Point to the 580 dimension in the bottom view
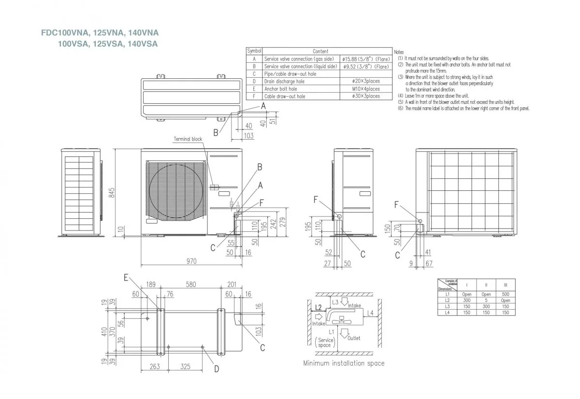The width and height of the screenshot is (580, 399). [191, 285]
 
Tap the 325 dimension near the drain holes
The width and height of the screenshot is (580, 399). [185, 367]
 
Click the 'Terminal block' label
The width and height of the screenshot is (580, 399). [188, 139]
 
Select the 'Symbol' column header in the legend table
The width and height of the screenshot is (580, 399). [254, 51]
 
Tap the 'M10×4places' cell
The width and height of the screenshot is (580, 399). [366, 89]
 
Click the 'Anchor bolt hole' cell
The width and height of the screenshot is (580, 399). [281, 89]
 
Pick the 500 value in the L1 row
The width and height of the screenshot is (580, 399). [505, 294]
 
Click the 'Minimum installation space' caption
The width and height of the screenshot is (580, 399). [344, 363]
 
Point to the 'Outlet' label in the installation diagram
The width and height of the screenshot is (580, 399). [353, 338]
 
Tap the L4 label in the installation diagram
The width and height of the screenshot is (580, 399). [370, 313]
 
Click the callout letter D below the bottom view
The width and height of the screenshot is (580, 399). [216, 369]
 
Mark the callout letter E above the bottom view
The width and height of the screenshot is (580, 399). [126, 277]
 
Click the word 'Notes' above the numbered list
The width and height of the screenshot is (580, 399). [399, 52]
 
